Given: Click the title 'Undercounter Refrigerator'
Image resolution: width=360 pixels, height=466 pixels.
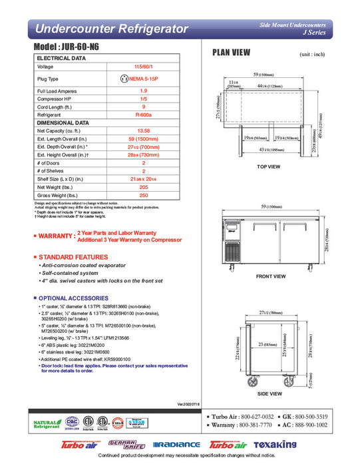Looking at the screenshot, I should [110, 29].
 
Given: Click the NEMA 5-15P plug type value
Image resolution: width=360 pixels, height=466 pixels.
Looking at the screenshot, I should [142, 78].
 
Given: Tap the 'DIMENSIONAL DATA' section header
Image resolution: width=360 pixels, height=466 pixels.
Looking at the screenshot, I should [63, 122].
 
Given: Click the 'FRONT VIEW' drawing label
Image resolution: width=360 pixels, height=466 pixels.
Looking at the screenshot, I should [268, 275].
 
